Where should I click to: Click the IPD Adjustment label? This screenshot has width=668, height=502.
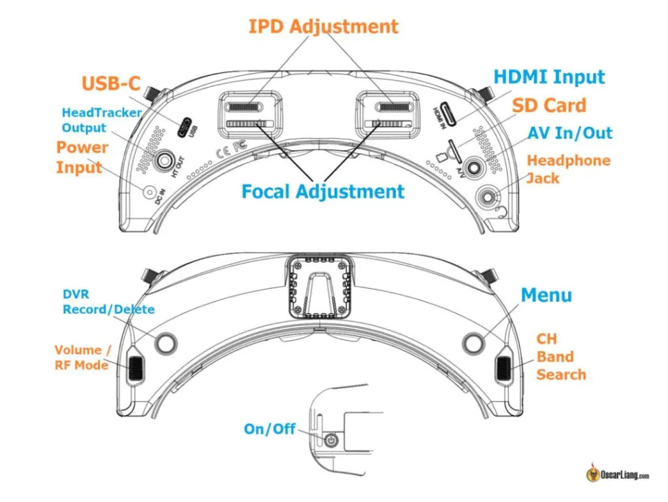(x=323, y=27)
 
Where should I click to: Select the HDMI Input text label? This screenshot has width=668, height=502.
(x=549, y=77)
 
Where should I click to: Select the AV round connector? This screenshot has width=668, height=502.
(x=473, y=166)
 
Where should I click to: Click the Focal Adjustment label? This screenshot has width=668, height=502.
(x=322, y=191)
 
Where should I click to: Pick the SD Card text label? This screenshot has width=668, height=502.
(x=549, y=106)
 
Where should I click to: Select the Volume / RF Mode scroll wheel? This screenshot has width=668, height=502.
(x=135, y=368)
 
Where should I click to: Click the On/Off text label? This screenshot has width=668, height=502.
(x=269, y=429)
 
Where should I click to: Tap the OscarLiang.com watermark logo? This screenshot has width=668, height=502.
(x=618, y=474)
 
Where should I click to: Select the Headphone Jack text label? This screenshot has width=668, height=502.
(x=568, y=169)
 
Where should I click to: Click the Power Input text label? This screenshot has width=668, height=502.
(x=82, y=157)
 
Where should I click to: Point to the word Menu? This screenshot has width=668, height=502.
(x=546, y=295)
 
